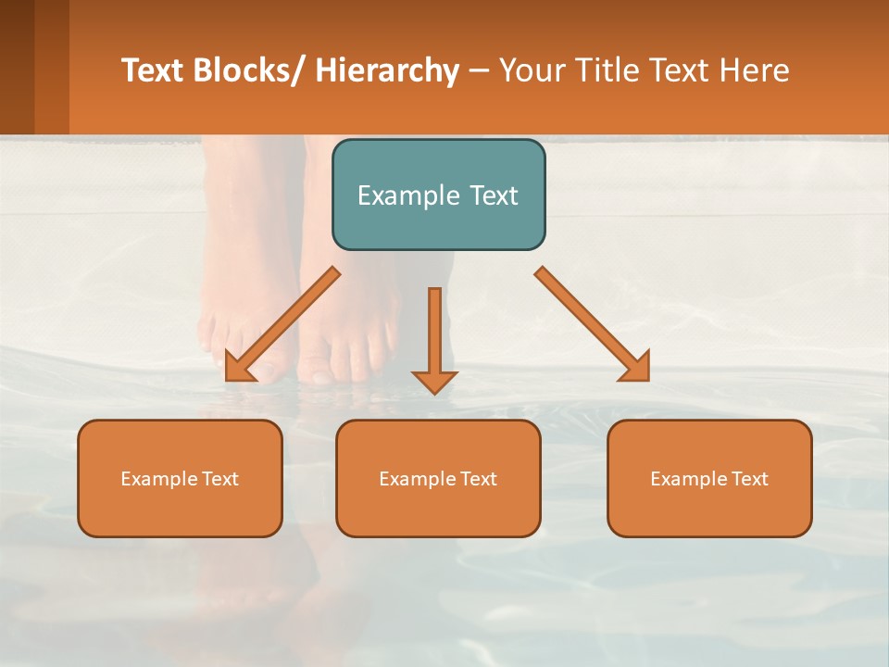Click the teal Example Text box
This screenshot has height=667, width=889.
click(x=438, y=195)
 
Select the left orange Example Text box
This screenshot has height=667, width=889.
click(x=180, y=478)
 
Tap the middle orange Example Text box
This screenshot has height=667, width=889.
click(x=438, y=478)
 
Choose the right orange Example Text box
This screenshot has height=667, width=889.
click(x=709, y=478)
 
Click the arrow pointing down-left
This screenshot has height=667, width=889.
click(x=283, y=324)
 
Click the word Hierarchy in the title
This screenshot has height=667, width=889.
click(x=387, y=70)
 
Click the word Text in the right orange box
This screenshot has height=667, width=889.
click(x=748, y=479)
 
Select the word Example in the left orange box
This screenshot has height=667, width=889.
click(x=159, y=479)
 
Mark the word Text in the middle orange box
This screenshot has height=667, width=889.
click(x=477, y=479)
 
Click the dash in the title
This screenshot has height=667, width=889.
click(x=479, y=70)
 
